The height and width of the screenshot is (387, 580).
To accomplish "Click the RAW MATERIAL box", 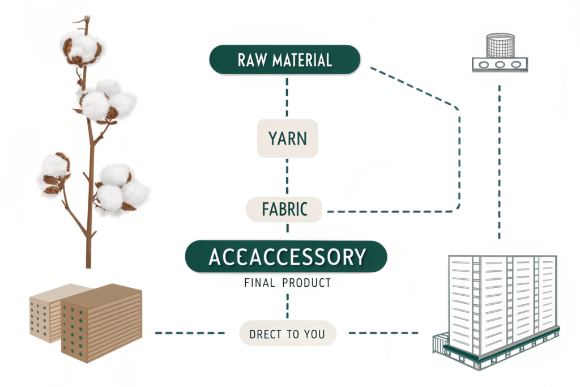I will pos(284,60).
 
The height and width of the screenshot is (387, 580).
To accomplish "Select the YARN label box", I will pos(287,138).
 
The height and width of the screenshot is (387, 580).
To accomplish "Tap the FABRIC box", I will pos(284,210).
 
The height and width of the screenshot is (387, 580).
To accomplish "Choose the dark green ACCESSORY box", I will pos(286,257).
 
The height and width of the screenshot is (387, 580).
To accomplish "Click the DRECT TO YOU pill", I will pos(287,334).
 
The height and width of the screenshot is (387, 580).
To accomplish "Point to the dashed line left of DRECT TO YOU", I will pos(189,333).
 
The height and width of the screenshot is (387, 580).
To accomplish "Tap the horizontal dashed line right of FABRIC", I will pos(391,212).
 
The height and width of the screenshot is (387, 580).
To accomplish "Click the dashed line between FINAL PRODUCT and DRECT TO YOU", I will pos(287,306).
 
